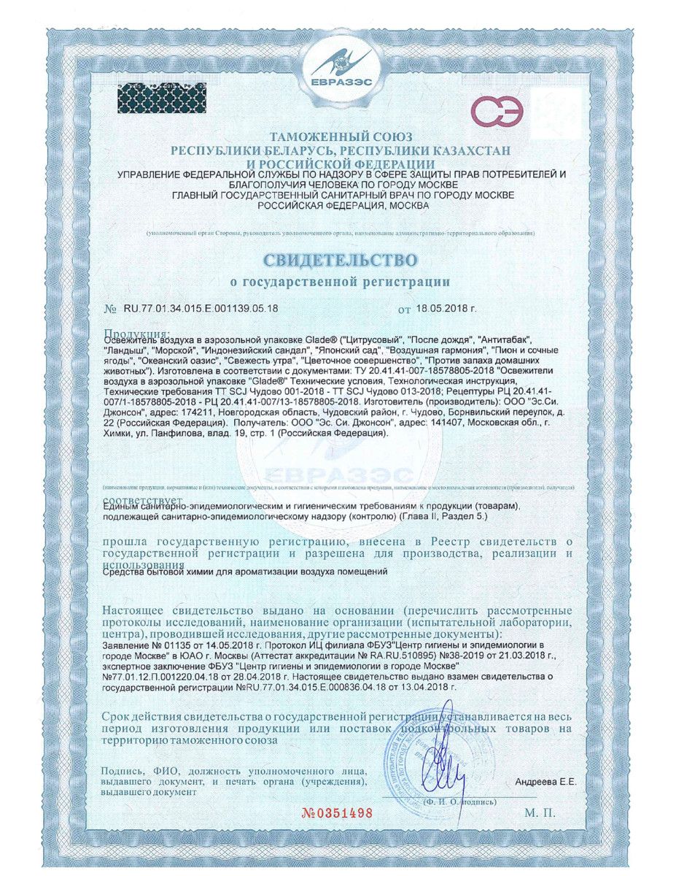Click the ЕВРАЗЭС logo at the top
[338, 69]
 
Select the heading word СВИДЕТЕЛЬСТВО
[338, 259]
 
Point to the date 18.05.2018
[446, 309]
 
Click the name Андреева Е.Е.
[545, 782]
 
